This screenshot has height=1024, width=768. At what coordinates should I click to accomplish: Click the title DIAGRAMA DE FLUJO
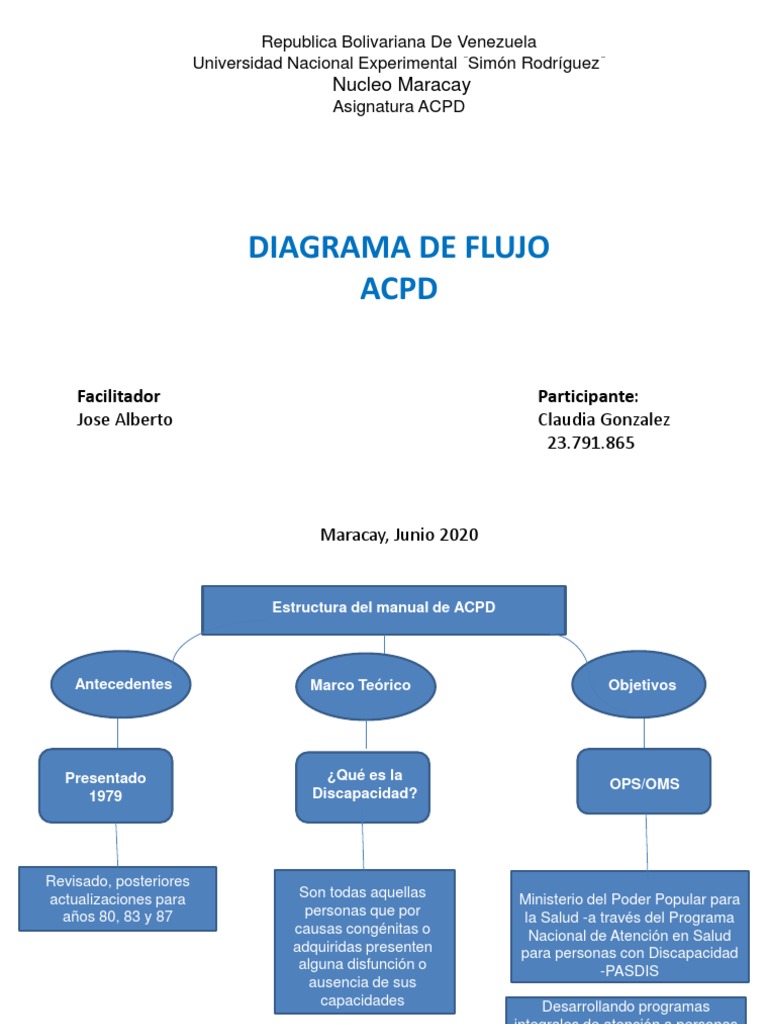click(398, 247)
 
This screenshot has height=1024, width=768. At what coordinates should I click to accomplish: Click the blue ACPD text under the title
click(398, 290)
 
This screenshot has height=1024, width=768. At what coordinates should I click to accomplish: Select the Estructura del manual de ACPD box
click(384, 609)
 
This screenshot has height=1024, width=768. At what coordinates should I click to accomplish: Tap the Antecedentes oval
click(123, 685)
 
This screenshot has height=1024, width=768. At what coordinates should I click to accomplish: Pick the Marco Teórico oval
click(360, 686)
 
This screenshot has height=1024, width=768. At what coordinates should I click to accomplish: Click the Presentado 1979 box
click(105, 786)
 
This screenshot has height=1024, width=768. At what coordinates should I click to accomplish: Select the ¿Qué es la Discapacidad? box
click(363, 785)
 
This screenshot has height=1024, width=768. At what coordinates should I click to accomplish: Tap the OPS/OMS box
click(644, 784)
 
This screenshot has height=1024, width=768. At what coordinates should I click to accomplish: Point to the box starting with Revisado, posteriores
click(117, 899)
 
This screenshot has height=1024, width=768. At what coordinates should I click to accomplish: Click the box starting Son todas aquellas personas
click(364, 940)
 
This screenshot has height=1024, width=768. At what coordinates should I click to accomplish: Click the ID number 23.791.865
click(590, 443)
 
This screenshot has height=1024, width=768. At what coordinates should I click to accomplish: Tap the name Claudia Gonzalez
click(603, 420)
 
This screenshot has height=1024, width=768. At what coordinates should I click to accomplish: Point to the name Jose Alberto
click(124, 420)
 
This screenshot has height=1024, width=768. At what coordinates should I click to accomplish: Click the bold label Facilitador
click(118, 396)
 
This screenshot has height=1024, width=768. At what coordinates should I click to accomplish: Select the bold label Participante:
click(588, 396)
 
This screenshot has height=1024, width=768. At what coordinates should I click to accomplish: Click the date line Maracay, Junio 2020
click(399, 535)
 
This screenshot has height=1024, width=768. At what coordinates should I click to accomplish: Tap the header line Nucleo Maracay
click(401, 85)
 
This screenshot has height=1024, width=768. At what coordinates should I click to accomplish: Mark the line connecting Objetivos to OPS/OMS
click(643, 734)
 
